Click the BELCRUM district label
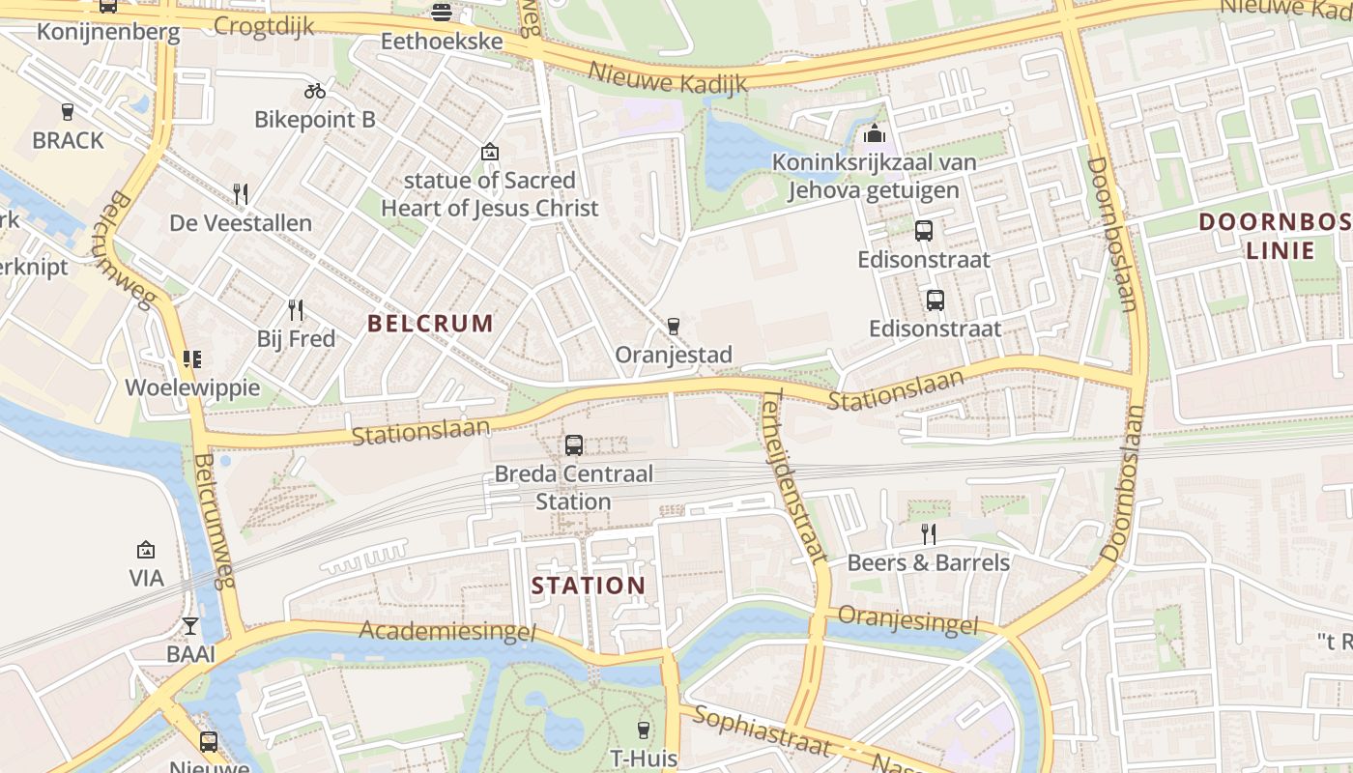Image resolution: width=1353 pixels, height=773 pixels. pyautogui.click(x=430, y=324)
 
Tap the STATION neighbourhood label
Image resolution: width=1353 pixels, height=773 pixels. pyautogui.click(x=589, y=586)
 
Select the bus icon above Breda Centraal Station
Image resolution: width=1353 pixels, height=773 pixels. pyautogui.click(x=574, y=445)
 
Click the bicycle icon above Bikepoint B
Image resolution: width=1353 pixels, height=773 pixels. pyautogui.click(x=315, y=91)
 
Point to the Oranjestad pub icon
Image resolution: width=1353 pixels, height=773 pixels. pyautogui.click(x=674, y=327)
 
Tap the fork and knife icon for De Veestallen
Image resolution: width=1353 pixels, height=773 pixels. pyautogui.click(x=241, y=194)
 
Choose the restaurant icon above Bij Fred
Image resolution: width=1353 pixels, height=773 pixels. pyautogui.click(x=296, y=310)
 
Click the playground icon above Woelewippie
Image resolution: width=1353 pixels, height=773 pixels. pyautogui.click(x=192, y=359)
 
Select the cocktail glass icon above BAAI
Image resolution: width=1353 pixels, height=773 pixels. pyautogui.click(x=190, y=626)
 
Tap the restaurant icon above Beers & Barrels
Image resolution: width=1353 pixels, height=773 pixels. pyautogui.click(x=928, y=533)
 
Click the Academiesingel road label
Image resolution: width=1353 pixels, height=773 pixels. pyautogui.click(x=446, y=631)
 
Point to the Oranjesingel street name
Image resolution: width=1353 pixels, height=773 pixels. pyautogui.click(x=907, y=620)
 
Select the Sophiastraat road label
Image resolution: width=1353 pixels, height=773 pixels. pyautogui.click(x=763, y=731)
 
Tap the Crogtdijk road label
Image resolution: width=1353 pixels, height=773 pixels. pyautogui.click(x=264, y=25)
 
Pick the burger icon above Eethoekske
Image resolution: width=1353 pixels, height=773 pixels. pyautogui.click(x=442, y=13)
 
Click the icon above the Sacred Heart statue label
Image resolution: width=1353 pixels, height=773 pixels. pyautogui.click(x=490, y=152)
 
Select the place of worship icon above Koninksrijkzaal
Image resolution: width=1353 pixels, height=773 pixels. pyautogui.click(x=875, y=133)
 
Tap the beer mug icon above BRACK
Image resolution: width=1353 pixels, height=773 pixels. pyautogui.click(x=68, y=111)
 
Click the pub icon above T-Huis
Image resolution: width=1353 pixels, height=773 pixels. pyautogui.click(x=644, y=730)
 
